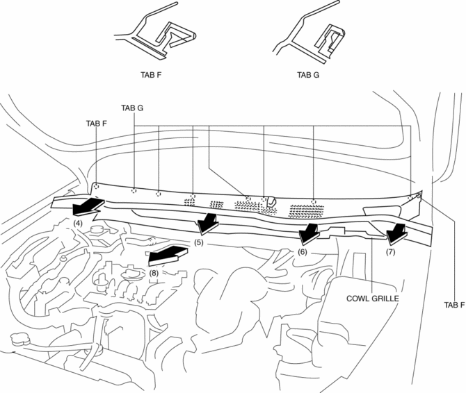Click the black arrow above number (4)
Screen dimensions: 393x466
coord(88,206)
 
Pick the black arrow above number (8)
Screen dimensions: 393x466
coord(167,255)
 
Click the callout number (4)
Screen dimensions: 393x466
coord(78,224)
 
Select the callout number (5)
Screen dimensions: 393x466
coord(199,243)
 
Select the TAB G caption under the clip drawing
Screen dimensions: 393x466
coord(309,75)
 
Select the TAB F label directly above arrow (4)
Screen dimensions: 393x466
coord(97,124)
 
